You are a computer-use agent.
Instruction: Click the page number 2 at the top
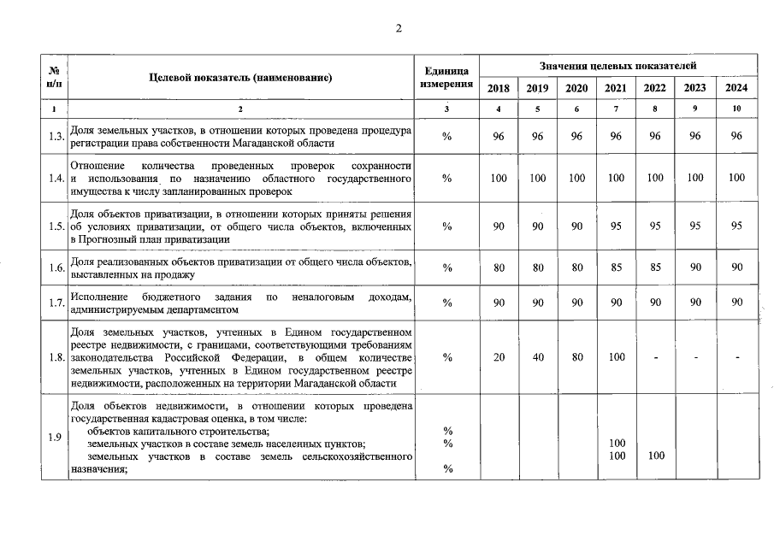(398, 28)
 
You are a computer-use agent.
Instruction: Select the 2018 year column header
(499, 88)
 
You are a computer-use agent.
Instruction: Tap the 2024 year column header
(736, 88)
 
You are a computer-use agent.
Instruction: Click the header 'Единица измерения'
(446, 77)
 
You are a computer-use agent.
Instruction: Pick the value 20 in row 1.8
(499, 357)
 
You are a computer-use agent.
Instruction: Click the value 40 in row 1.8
(538, 357)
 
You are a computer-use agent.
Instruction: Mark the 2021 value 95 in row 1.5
(616, 226)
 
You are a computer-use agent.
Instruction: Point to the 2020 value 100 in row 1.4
(577, 178)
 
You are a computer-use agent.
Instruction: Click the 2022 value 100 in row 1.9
(655, 456)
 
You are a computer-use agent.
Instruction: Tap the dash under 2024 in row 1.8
(736, 357)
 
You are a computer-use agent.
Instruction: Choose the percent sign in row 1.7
(446, 303)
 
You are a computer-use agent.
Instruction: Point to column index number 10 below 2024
(736, 109)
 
